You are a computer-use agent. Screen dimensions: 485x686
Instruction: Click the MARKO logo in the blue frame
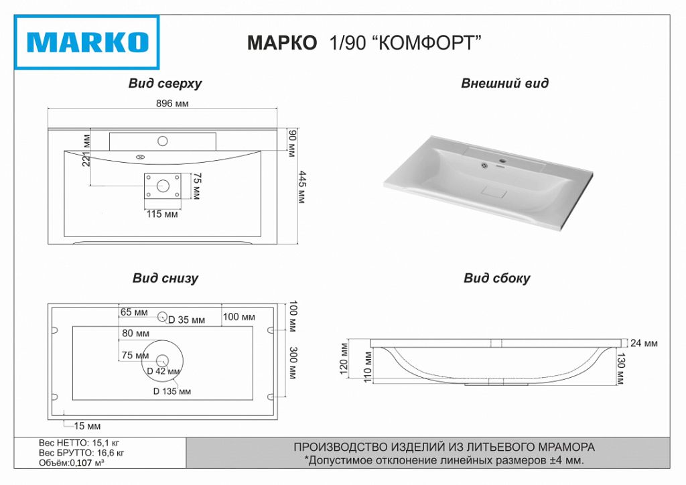pos(87,42)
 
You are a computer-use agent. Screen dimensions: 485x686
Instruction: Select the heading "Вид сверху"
pos(165,84)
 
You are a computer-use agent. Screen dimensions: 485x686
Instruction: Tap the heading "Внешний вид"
pos(504,84)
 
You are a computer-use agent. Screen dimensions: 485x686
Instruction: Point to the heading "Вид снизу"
pos(165,278)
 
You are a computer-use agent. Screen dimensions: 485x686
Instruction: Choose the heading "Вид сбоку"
pos(496,278)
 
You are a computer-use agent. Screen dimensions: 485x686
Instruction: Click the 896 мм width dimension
pos(172,104)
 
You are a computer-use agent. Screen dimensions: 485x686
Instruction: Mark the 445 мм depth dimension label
pos(301,188)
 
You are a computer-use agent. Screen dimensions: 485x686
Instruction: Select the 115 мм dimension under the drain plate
pos(162,214)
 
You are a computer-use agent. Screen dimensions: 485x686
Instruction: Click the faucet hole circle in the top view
pos(162,141)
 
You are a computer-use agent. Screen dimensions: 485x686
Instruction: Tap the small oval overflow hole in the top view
pos(141,158)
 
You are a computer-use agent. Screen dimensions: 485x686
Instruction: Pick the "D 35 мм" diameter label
pos(186,320)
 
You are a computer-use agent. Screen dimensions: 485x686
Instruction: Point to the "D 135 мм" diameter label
pos(171,391)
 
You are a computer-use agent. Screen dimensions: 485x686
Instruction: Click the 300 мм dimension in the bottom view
pos(292,363)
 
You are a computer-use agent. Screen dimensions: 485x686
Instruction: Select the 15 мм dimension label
pos(88,426)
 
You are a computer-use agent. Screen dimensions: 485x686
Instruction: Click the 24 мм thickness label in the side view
pos(644,344)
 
